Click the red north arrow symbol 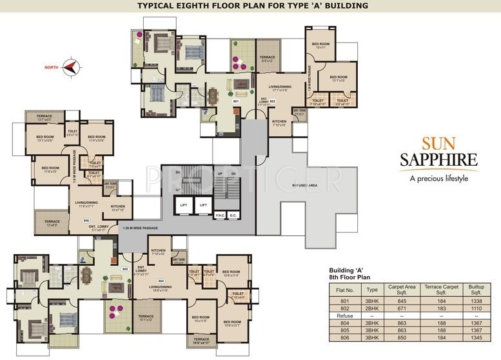pos(72,66)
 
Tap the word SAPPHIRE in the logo pos(441,159)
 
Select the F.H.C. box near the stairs pos(220,214)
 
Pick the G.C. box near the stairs pos(233,214)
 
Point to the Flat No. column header pos(344,291)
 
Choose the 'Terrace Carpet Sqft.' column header pos(437,291)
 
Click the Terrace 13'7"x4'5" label pos(44,117)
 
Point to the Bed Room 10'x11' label pos(320,45)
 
